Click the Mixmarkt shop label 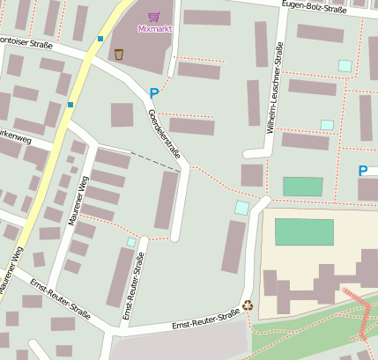click(154, 28)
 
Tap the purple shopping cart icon click(154, 16)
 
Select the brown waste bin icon click(118, 55)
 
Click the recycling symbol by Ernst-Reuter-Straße click(248, 305)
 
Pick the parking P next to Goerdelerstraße click(154, 92)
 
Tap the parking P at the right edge click(362, 171)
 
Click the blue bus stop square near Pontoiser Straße click(100, 39)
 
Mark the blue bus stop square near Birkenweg click(70, 105)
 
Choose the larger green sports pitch click(304, 232)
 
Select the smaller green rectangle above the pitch click(302, 187)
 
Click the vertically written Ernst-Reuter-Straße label click(133, 286)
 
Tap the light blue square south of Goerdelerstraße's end click(241, 208)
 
